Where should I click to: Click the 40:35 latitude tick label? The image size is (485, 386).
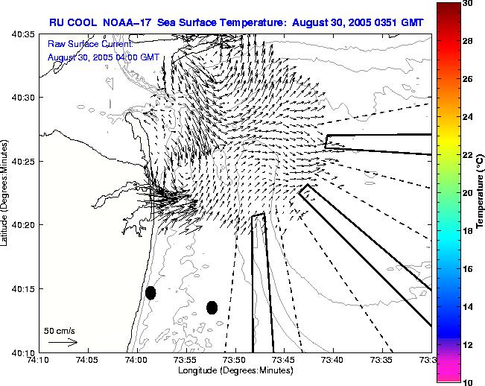click(x=22, y=34)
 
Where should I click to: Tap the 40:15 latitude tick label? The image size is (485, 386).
click(x=22, y=289)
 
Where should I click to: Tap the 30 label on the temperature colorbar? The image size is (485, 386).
click(x=468, y=4)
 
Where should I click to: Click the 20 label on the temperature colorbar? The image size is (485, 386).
click(x=468, y=192)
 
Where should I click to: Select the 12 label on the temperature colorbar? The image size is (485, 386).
click(x=468, y=344)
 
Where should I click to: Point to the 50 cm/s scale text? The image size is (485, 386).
click(x=60, y=330)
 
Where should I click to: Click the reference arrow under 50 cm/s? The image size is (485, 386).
click(x=63, y=342)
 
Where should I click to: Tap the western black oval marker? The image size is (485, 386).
click(x=150, y=293)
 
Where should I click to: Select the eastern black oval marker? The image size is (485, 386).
click(x=212, y=307)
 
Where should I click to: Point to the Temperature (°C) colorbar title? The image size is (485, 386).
click(x=481, y=192)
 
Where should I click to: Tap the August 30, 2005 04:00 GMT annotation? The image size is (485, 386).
click(x=103, y=57)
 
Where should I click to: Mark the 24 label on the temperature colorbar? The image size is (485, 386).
click(x=468, y=117)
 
